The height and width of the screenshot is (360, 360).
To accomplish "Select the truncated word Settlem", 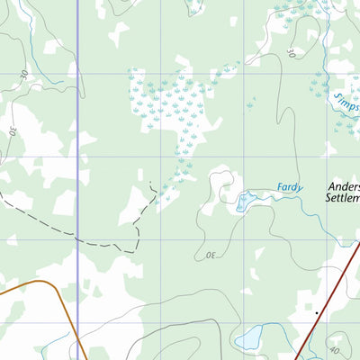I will (x=342, y=203).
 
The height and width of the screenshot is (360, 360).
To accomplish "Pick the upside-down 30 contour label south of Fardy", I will (x=211, y=256).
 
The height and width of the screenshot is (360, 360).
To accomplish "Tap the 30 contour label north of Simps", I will (x=290, y=52).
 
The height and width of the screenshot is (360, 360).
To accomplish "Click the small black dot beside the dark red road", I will (x=317, y=312).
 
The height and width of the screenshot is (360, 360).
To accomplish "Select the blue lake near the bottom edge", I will (x=247, y=338).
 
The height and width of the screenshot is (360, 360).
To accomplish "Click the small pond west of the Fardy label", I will (x=241, y=202).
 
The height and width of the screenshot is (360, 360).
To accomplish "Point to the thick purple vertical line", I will (x=77, y=135).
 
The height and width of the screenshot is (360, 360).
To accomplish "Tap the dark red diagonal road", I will (x=328, y=288).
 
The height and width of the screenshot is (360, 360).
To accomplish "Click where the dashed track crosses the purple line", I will (x=77, y=239).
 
